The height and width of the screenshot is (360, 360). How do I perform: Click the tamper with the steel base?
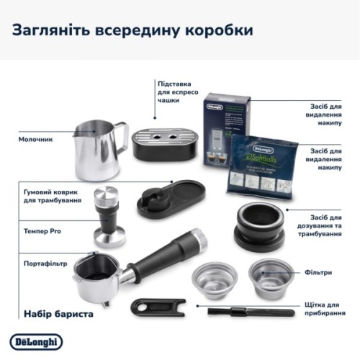coord(109,216)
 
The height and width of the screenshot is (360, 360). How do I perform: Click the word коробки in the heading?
coord(216,30)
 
